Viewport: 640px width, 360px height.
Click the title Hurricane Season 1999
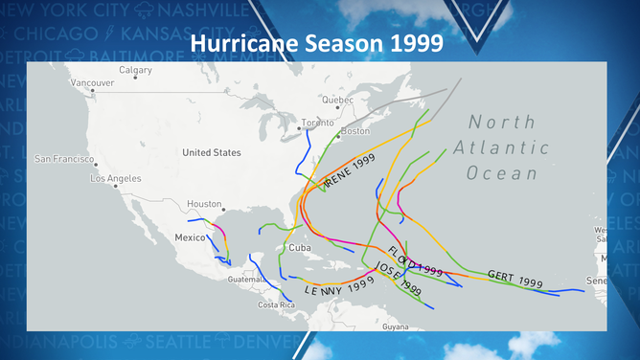(x=319, y=44)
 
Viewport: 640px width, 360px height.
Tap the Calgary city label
(x=135, y=70)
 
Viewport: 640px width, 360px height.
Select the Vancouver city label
(x=92, y=82)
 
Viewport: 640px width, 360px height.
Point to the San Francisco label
(x=62, y=158)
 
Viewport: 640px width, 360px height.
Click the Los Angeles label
(x=115, y=178)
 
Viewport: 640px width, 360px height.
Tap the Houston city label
(x=204, y=204)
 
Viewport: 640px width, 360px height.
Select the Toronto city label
(x=317, y=123)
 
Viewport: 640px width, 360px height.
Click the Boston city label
(x=354, y=131)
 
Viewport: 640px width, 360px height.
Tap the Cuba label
(x=300, y=247)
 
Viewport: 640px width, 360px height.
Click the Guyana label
(x=395, y=326)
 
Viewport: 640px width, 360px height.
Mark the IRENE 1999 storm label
(x=348, y=173)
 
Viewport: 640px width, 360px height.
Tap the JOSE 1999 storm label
(x=399, y=279)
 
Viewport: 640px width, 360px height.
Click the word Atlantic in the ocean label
(x=509, y=147)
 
